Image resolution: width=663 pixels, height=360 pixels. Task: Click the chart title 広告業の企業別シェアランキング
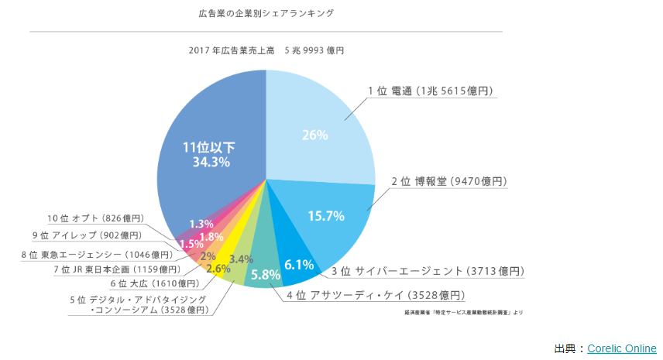point(266,13)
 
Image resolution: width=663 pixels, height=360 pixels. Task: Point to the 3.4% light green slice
point(242,259)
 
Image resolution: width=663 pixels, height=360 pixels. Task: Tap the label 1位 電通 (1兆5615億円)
point(431,91)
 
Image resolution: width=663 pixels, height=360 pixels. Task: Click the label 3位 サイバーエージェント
point(428,271)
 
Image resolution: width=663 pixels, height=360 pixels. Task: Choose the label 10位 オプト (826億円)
point(96,218)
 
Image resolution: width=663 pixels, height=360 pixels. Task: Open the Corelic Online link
point(621,348)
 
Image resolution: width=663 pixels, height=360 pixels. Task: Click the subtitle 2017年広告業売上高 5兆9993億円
point(266,50)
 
